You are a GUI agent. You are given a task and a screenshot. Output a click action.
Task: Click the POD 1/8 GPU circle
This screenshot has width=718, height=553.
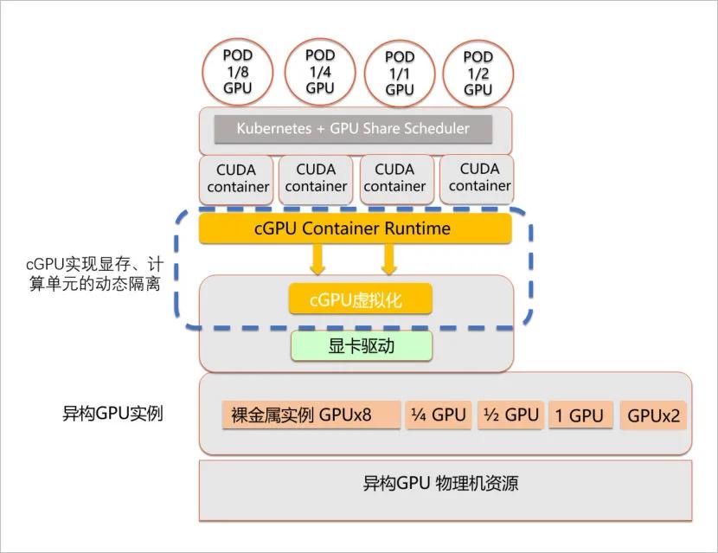click(237, 72)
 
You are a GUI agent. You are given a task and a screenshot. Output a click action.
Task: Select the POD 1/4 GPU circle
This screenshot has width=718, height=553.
click(319, 71)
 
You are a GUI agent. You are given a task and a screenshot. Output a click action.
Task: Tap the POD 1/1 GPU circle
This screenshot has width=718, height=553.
click(400, 72)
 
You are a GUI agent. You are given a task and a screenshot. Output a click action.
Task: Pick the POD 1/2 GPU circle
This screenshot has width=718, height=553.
click(478, 72)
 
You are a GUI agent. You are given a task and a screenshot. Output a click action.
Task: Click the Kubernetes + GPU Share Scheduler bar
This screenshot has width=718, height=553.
click(353, 129)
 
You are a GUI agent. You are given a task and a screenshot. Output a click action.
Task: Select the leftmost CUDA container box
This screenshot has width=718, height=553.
click(238, 177)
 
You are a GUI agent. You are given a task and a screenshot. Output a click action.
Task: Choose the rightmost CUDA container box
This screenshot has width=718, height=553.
click(479, 177)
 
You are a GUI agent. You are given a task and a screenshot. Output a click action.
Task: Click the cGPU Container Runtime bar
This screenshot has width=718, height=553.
click(355, 228)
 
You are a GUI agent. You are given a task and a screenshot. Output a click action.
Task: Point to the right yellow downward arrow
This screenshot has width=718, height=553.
click(389, 258)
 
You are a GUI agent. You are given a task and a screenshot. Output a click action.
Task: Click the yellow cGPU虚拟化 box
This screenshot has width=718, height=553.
click(359, 300)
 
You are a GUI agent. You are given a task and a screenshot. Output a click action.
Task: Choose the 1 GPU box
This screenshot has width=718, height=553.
click(580, 415)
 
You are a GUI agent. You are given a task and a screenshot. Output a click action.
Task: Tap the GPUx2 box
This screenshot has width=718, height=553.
click(654, 415)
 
